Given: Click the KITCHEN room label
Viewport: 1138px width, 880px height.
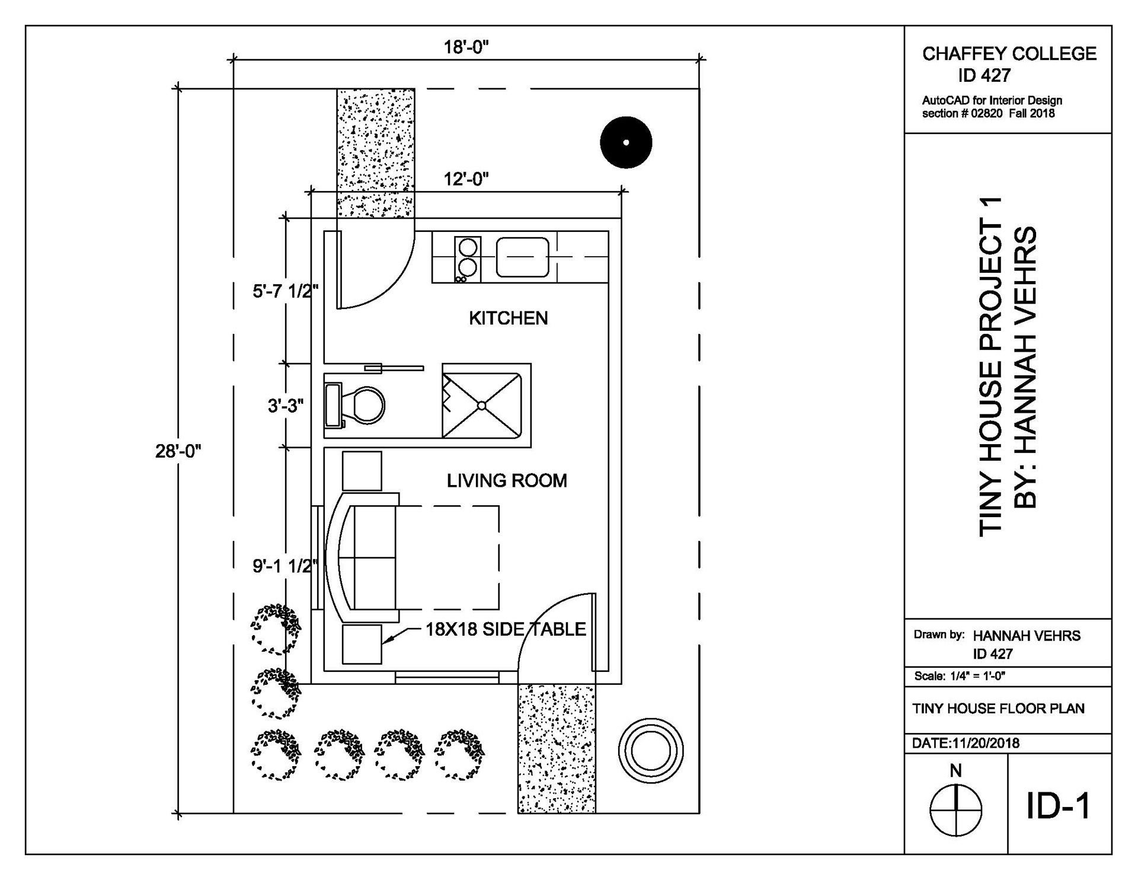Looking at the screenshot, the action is coord(508,318).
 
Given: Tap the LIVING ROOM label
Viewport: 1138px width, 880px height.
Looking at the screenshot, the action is coord(507,480).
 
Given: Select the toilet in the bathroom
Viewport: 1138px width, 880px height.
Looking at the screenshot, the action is coord(355,405).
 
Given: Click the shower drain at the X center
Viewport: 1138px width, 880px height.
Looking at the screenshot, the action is coord(481,406).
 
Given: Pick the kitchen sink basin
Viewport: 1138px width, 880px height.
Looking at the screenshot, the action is coord(522,257).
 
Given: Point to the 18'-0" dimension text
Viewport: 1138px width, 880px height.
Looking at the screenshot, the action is coord(466,47).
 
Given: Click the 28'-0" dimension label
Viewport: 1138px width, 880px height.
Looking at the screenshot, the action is coord(178,451).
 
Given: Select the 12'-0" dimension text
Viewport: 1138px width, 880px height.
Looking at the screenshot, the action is coord(466,179).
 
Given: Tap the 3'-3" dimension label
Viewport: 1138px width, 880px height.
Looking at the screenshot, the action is coord(286,406).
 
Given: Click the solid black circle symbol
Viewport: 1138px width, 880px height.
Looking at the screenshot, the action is coord(626,142).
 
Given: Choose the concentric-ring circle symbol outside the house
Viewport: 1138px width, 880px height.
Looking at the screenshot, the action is coord(650,751).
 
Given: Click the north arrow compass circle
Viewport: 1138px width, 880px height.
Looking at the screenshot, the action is coord(955,810).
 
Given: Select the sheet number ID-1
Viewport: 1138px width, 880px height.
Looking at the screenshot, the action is coord(1059,806).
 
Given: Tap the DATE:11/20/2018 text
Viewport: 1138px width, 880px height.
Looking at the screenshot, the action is coord(966,743).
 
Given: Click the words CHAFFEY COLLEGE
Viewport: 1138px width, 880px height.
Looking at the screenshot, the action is coord(1009,54).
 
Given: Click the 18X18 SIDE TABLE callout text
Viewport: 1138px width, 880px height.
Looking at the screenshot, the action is coord(506,629).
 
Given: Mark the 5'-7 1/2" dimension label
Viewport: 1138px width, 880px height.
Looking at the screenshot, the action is coord(286,291).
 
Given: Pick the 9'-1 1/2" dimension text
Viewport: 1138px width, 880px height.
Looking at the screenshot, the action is coord(286,566).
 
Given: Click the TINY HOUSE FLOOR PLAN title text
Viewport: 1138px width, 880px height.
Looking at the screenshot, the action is coord(999,709).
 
